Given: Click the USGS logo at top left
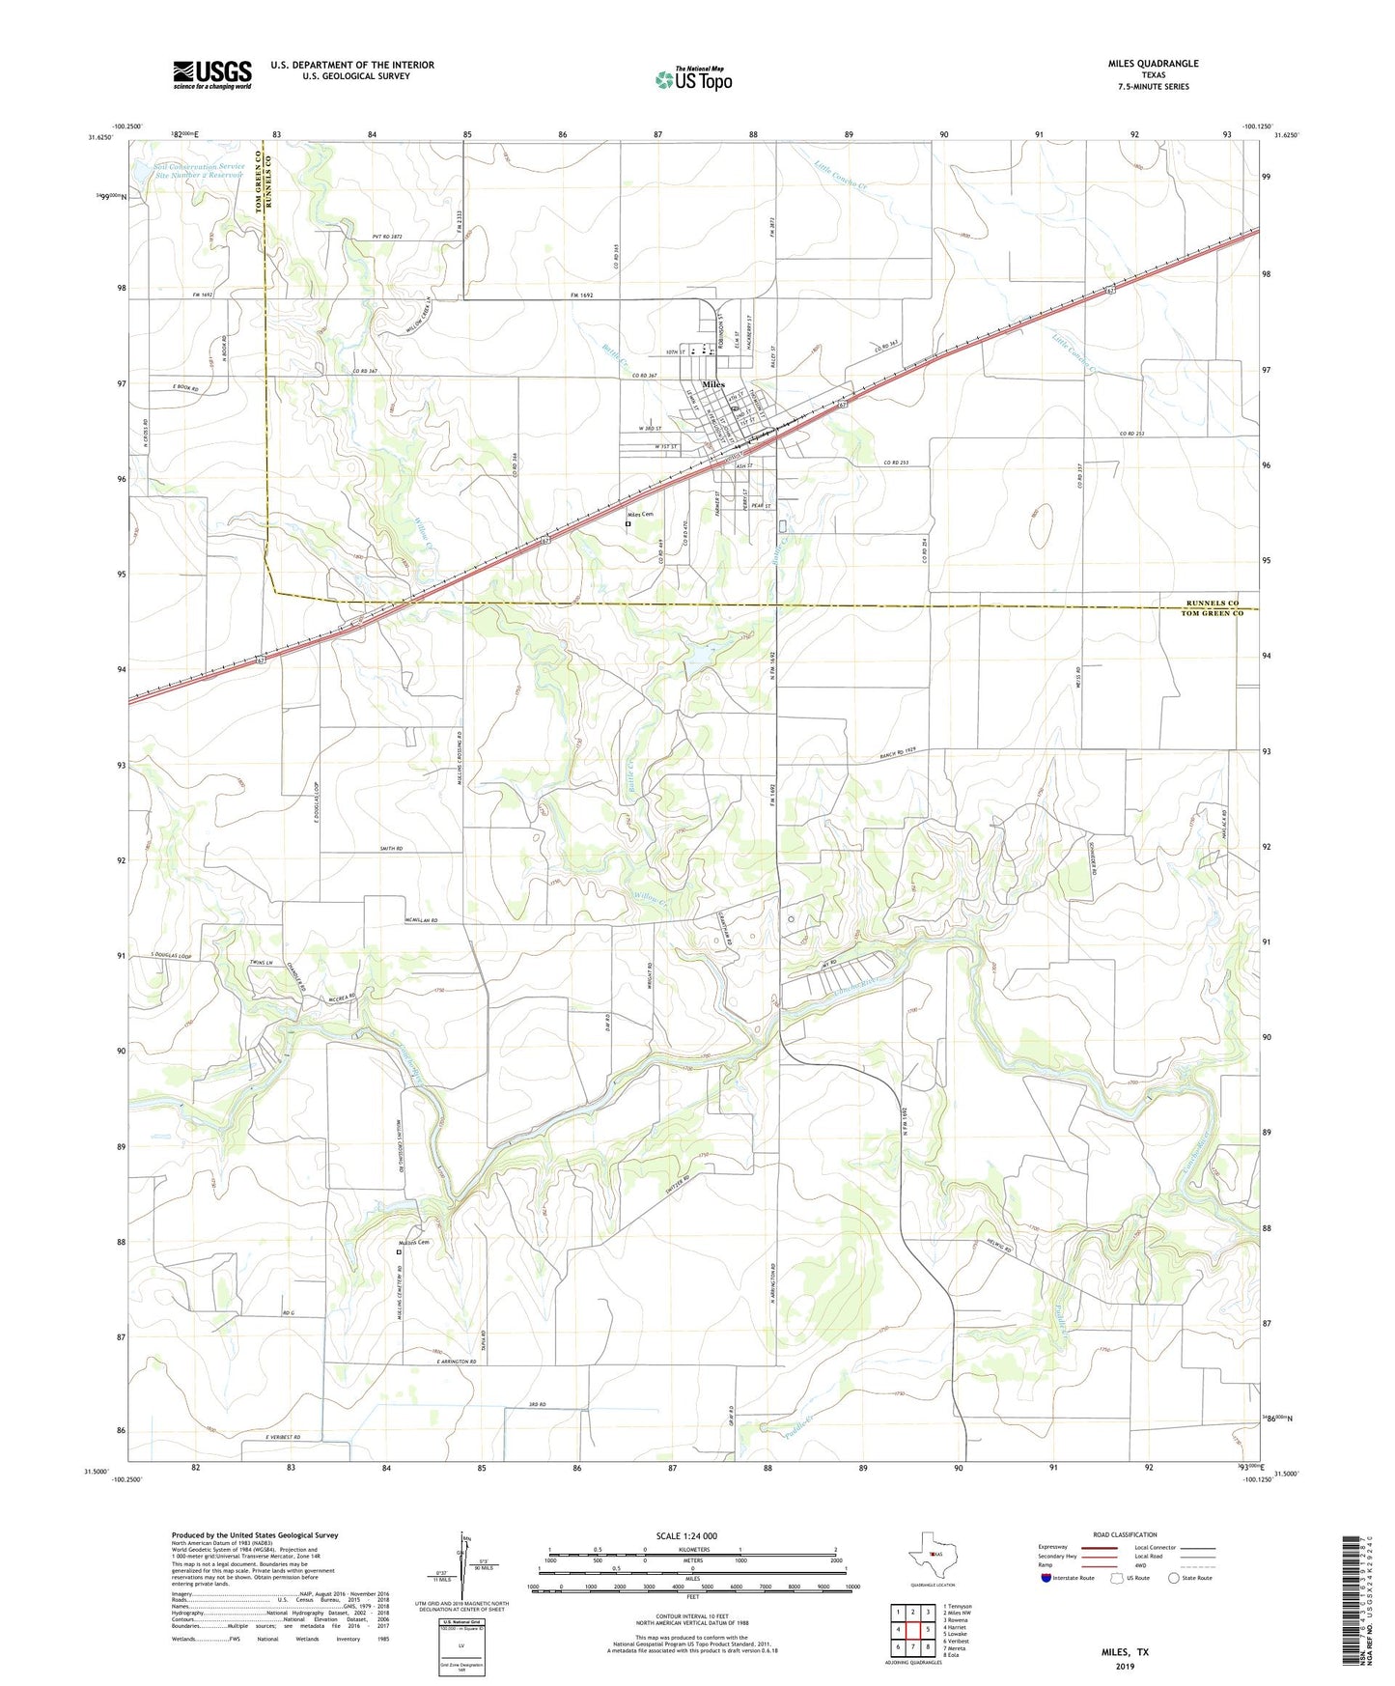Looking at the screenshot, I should pyautogui.click(x=212, y=74).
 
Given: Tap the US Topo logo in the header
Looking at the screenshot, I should pyautogui.click(x=693, y=79).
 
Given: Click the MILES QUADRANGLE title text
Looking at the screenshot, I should pyautogui.click(x=1153, y=64).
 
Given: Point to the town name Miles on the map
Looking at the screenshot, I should pyautogui.click(x=713, y=385).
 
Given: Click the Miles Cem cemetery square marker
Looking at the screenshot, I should pyautogui.click(x=628, y=524).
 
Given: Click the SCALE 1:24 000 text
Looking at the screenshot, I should pyautogui.click(x=685, y=1535).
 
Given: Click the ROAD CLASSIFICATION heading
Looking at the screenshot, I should pyautogui.click(x=1125, y=1534).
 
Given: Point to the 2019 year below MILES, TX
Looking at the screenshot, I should pyautogui.click(x=1125, y=1666).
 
